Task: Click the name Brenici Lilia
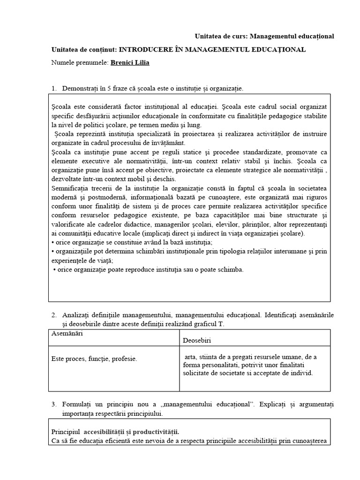click(130, 62)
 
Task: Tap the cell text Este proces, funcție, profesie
click(94, 359)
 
